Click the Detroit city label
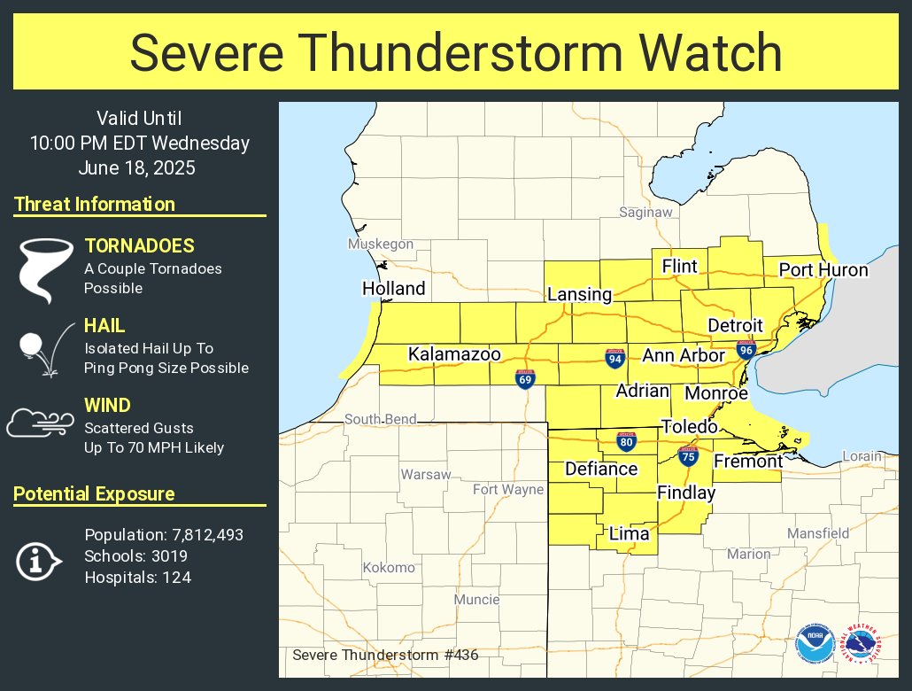point(735,325)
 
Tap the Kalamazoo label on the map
point(454,354)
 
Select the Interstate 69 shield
point(525,379)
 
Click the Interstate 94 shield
point(614,357)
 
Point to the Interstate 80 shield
point(625,441)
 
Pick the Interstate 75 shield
point(687,455)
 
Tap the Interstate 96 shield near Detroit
point(746,350)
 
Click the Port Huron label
point(823,270)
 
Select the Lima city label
point(629,533)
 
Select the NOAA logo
point(815,644)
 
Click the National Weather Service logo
point(862,644)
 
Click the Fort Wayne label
point(507,490)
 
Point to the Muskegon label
point(381,245)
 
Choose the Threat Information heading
point(95,205)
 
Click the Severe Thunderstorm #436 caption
point(385,656)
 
